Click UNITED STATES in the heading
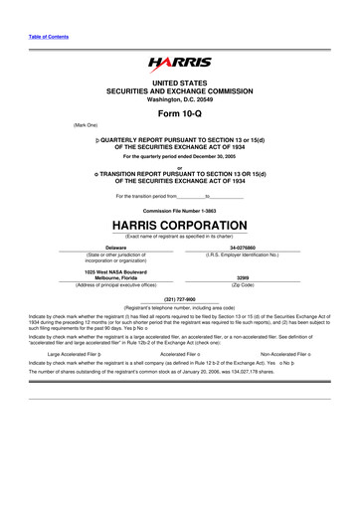click(180, 81)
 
